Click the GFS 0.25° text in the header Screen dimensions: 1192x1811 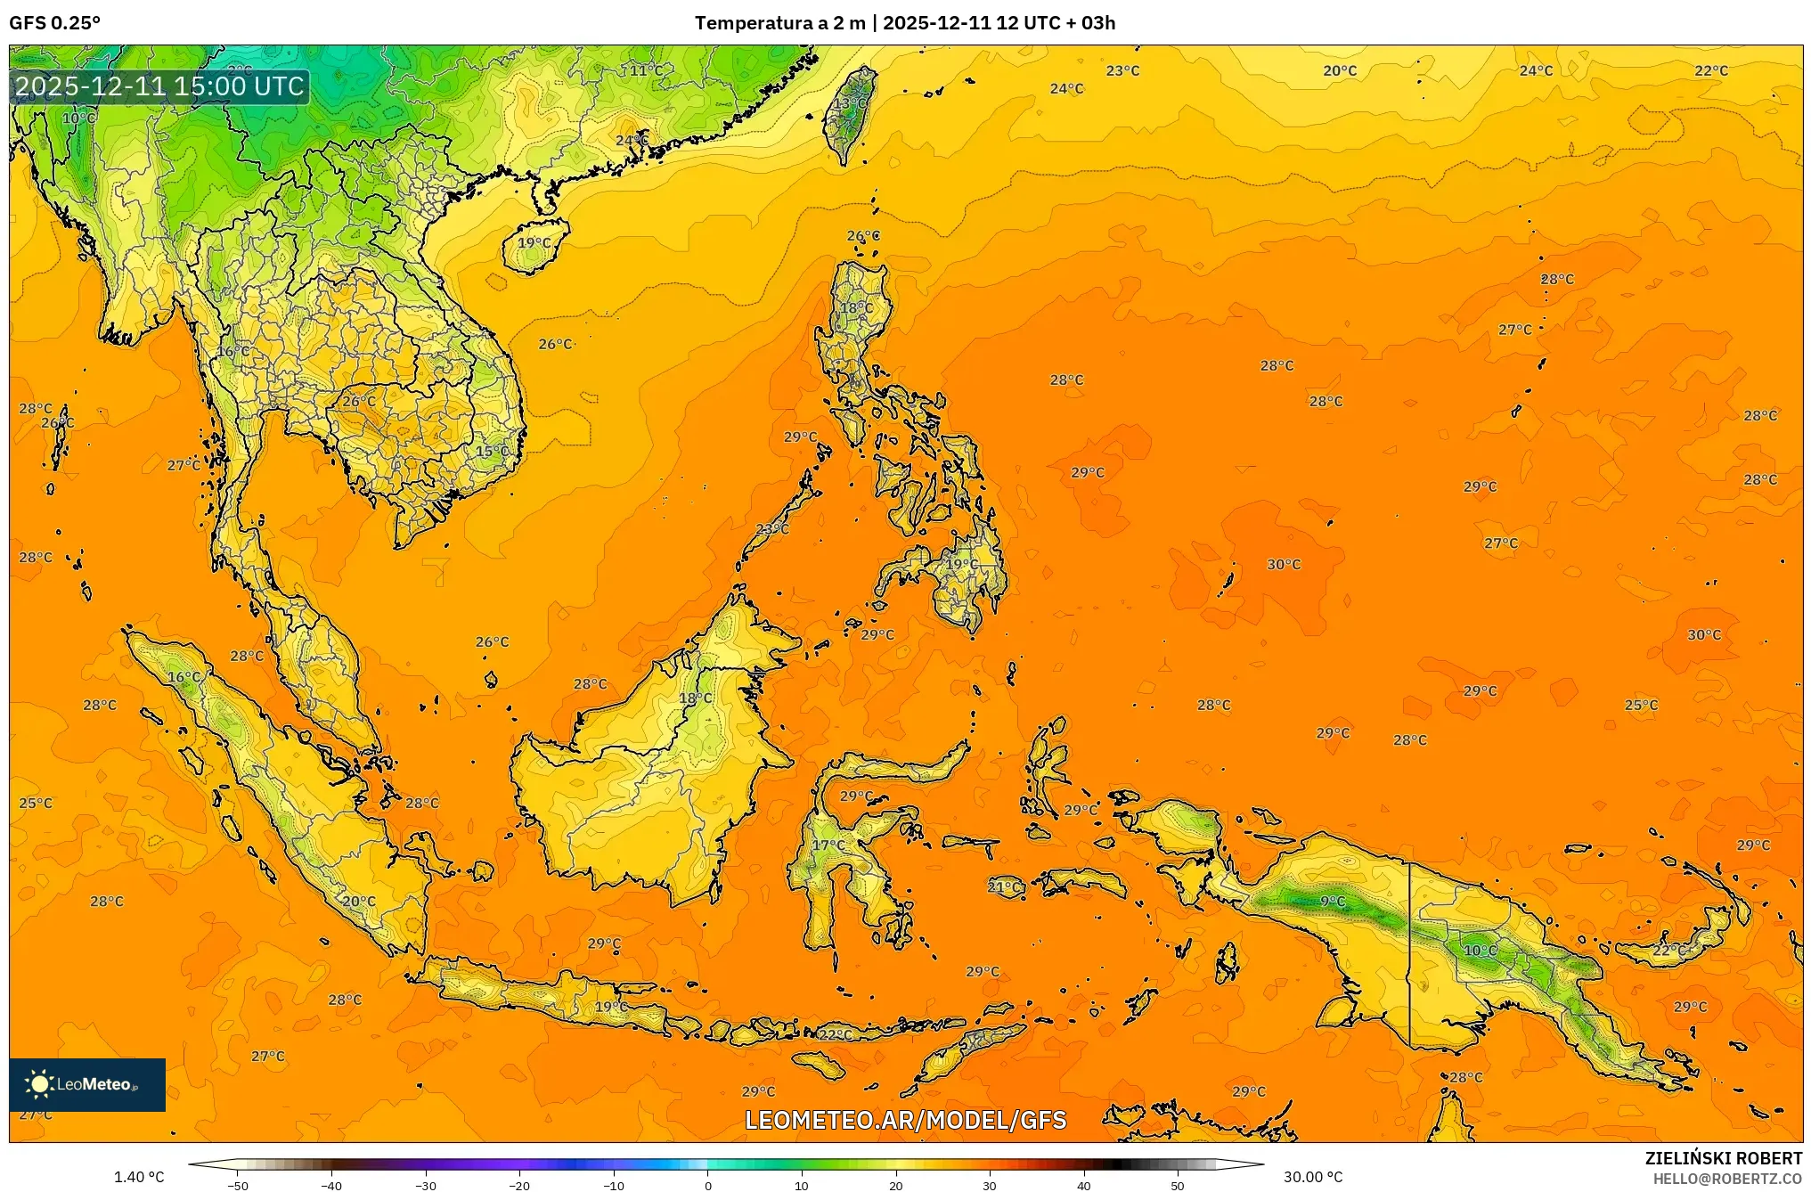pyautogui.click(x=54, y=23)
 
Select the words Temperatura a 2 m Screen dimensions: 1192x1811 pyautogui.click(x=779, y=23)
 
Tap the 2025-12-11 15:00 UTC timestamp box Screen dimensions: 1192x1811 pyautogui.click(x=160, y=86)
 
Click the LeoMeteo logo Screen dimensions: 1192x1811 pyautogui.click(x=87, y=1084)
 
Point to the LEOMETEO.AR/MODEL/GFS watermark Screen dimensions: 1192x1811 pyautogui.click(x=905, y=1120)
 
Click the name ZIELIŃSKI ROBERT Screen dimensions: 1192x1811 pyautogui.click(x=1723, y=1158)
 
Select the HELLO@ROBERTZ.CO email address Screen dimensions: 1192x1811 pyautogui.click(x=1727, y=1179)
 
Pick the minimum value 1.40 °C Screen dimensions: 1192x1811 pyautogui.click(x=139, y=1177)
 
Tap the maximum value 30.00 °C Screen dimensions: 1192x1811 pyautogui.click(x=1312, y=1177)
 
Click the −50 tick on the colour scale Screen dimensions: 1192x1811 pyautogui.click(x=238, y=1185)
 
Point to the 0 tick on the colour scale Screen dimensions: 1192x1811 pyautogui.click(x=708, y=1185)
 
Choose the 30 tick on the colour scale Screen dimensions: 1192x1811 pyautogui.click(x=990, y=1185)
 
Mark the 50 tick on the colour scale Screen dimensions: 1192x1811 pyautogui.click(x=1178, y=1185)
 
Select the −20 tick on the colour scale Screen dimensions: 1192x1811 pyautogui.click(x=519, y=1185)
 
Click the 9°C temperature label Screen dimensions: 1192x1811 pyautogui.click(x=1332, y=902)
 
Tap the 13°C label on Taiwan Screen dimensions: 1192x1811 pyautogui.click(x=849, y=103)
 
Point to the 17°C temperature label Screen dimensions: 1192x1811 pyautogui.click(x=828, y=845)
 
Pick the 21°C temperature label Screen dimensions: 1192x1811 pyautogui.click(x=1004, y=886)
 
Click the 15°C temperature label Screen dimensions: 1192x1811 pyautogui.click(x=492, y=452)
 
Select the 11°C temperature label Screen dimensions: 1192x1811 pyautogui.click(x=646, y=70)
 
